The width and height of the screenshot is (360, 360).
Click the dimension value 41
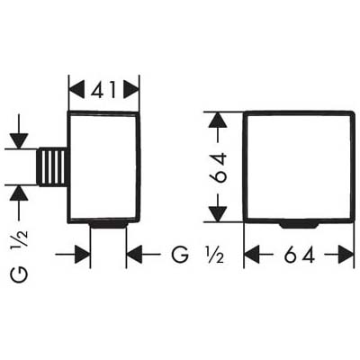click(103, 90)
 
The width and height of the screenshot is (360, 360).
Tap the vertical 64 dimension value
click(218, 167)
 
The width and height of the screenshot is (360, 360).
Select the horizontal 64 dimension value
click(299, 255)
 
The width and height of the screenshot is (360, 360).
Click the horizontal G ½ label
click(197, 255)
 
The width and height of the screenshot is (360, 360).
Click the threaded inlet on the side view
click(52, 166)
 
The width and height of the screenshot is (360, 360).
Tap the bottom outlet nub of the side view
click(108, 226)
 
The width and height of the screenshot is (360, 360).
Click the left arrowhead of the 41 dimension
click(76, 90)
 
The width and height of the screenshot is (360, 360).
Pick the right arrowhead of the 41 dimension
click(131, 90)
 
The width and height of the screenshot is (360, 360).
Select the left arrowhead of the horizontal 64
click(252, 255)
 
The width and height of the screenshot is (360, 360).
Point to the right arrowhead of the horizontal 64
click(346, 255)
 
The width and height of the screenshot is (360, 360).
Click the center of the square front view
click(299, 166)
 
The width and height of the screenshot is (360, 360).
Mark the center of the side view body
click(103, 166)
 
